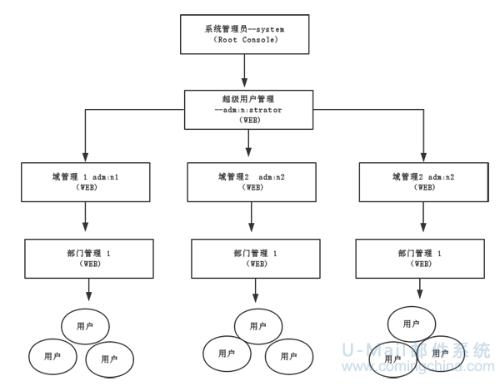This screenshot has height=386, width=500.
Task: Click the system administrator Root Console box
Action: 244,32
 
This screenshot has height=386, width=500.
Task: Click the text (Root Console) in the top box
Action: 244,39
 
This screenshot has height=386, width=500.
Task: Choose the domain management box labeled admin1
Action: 86,182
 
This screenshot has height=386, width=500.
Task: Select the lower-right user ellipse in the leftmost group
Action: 110,358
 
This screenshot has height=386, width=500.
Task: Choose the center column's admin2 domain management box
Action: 250,182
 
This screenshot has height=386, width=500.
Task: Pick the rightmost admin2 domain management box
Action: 423,182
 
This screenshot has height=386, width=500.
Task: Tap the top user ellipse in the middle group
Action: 258,325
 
